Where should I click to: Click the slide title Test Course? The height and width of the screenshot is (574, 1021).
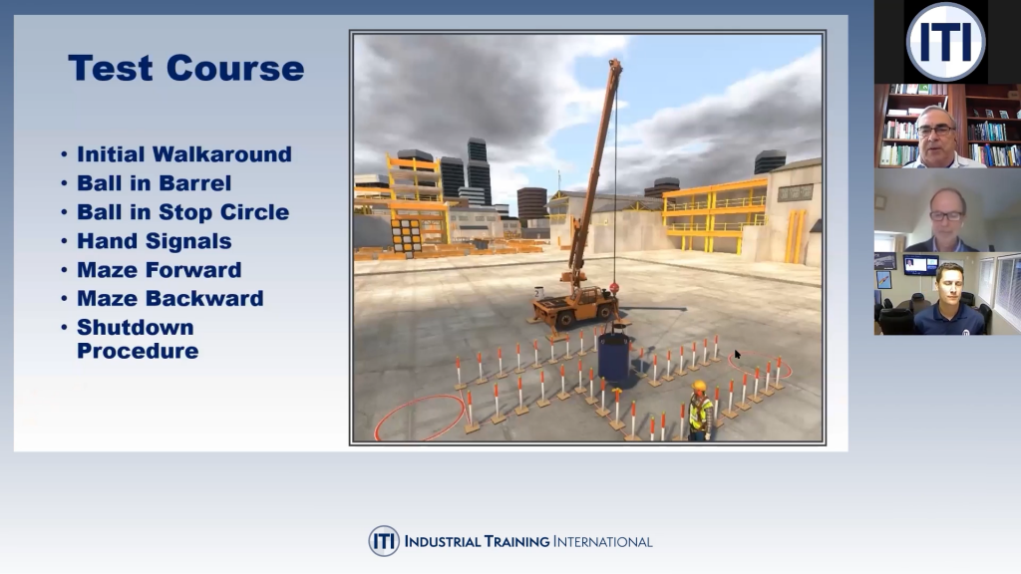click(185, 69)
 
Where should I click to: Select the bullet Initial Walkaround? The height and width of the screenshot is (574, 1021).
click(183, 154)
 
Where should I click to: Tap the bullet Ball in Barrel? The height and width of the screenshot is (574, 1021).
click(154, 183)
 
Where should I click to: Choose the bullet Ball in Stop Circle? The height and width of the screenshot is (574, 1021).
click(182, 212)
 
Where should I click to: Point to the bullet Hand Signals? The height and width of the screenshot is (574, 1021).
click(154, 241)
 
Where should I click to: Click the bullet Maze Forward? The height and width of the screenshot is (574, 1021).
click(159, 270)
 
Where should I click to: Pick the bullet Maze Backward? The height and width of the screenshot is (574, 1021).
click(170, 299)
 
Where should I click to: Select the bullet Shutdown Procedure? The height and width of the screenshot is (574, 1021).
click(137, 339)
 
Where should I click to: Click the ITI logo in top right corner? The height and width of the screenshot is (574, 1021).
click(946, 42)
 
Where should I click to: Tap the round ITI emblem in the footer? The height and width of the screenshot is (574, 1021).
click(384, 541)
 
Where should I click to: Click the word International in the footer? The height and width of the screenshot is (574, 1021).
click(603, 542)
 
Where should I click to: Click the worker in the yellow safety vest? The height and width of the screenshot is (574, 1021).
click(700, 412)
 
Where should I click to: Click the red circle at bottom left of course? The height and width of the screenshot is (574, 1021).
click(419, 417)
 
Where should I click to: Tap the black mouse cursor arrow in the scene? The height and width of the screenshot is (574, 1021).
click(738, 355)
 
